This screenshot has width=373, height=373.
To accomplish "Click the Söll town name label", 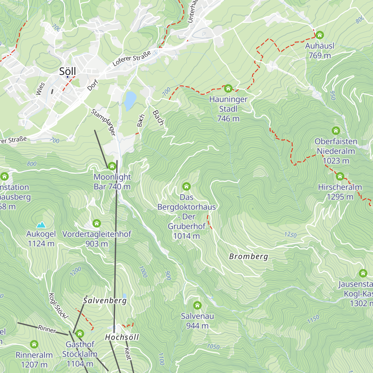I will pos(67,71).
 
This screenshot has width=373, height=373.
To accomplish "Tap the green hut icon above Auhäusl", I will pos(320,35).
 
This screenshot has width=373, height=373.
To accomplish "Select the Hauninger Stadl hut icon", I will pos(228,89).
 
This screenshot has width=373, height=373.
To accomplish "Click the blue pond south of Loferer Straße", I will pos(130,100).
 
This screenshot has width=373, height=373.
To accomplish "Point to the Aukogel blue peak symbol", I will pos(41,224).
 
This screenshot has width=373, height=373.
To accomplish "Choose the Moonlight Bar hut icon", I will pos(112,166).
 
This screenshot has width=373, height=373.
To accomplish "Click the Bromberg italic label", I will pos(248,256).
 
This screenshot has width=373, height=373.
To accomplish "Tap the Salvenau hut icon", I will pos(197,305).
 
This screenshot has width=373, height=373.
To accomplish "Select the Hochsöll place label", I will pos(122,337).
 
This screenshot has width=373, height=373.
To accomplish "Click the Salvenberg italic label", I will pos(105,301).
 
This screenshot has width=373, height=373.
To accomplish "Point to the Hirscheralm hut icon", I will pos(340,177).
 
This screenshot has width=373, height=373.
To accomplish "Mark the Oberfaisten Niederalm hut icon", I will pos(336,131).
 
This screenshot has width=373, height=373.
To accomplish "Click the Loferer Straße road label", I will pos(131,58).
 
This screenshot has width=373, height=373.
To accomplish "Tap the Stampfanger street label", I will pos(104,122).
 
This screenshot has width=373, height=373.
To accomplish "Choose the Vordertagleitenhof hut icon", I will pos(97,223).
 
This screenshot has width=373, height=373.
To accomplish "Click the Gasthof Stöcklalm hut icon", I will pos(80,334).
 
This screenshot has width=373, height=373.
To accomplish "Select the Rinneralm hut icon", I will pos(34,344).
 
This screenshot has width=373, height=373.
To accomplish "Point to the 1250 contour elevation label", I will pos(290,235).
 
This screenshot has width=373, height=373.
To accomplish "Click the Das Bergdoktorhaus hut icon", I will pos(186,186).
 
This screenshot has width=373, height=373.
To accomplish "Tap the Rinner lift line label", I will pos(47,329).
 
